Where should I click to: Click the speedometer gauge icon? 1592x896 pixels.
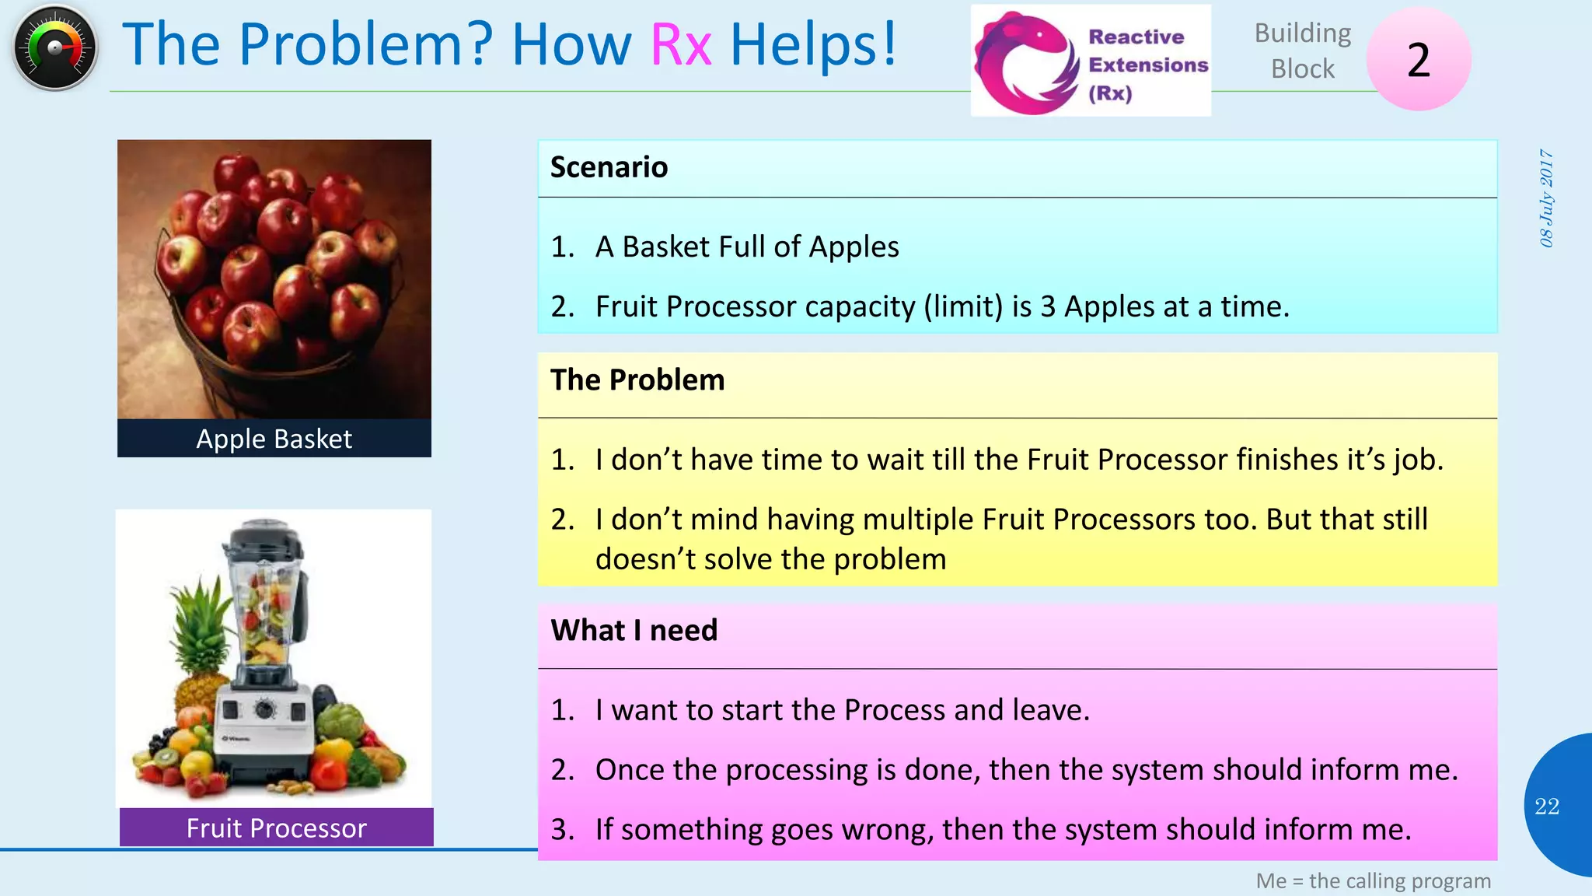click(x=54, y=48)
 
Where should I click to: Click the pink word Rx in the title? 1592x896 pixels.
click(x=681, y=44)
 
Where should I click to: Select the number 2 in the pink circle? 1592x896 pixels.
click(x=1419, y=60)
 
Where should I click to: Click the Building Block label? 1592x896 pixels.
click(x=1303, y=51)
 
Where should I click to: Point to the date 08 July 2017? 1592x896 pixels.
click(x=1546, y=198)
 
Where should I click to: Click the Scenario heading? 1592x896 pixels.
click(x=609, y=167)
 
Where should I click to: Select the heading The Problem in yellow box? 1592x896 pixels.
click(x=637, y=380)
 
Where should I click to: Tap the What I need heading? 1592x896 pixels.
click(x=634, y=630)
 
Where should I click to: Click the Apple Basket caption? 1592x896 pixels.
click(x=274, y=439)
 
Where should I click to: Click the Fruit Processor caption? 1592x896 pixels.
click(x=276, y=828)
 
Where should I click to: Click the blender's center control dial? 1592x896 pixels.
click(x=264, y=709)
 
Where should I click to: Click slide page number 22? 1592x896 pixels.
click(x=1547, y=807)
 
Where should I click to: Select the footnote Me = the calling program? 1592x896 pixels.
click(x=1373, y=881)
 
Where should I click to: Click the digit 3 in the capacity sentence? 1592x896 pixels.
click(x=1048, y=307)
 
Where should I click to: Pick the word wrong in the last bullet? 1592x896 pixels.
click(x=887, y=830)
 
